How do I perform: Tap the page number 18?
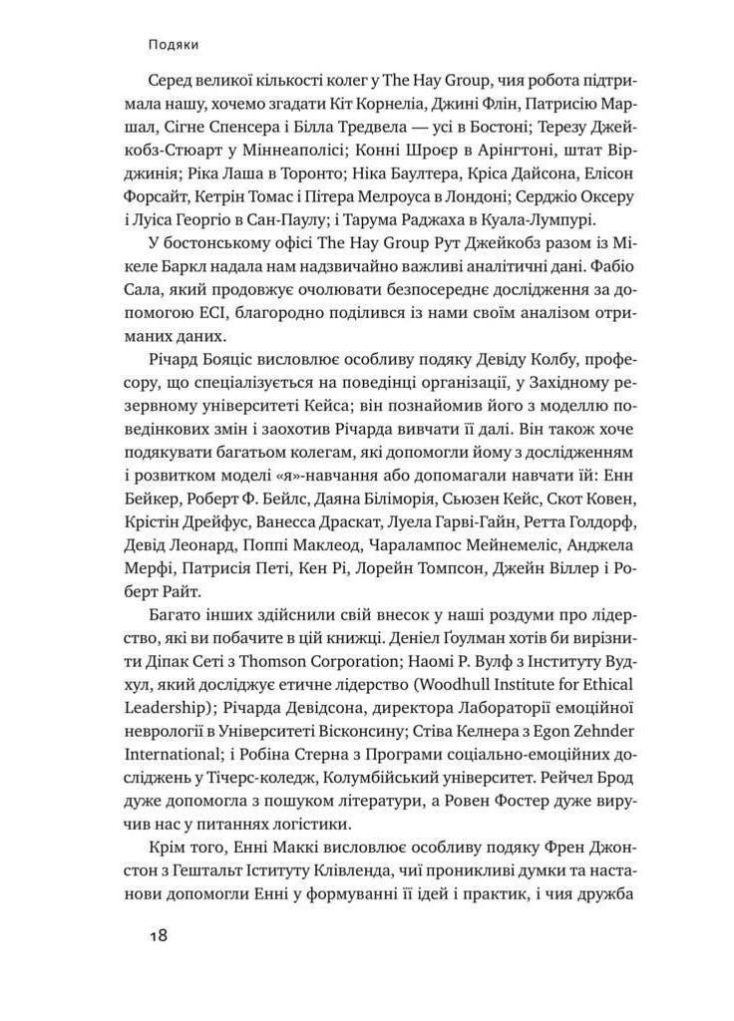[x=158, y=935]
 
